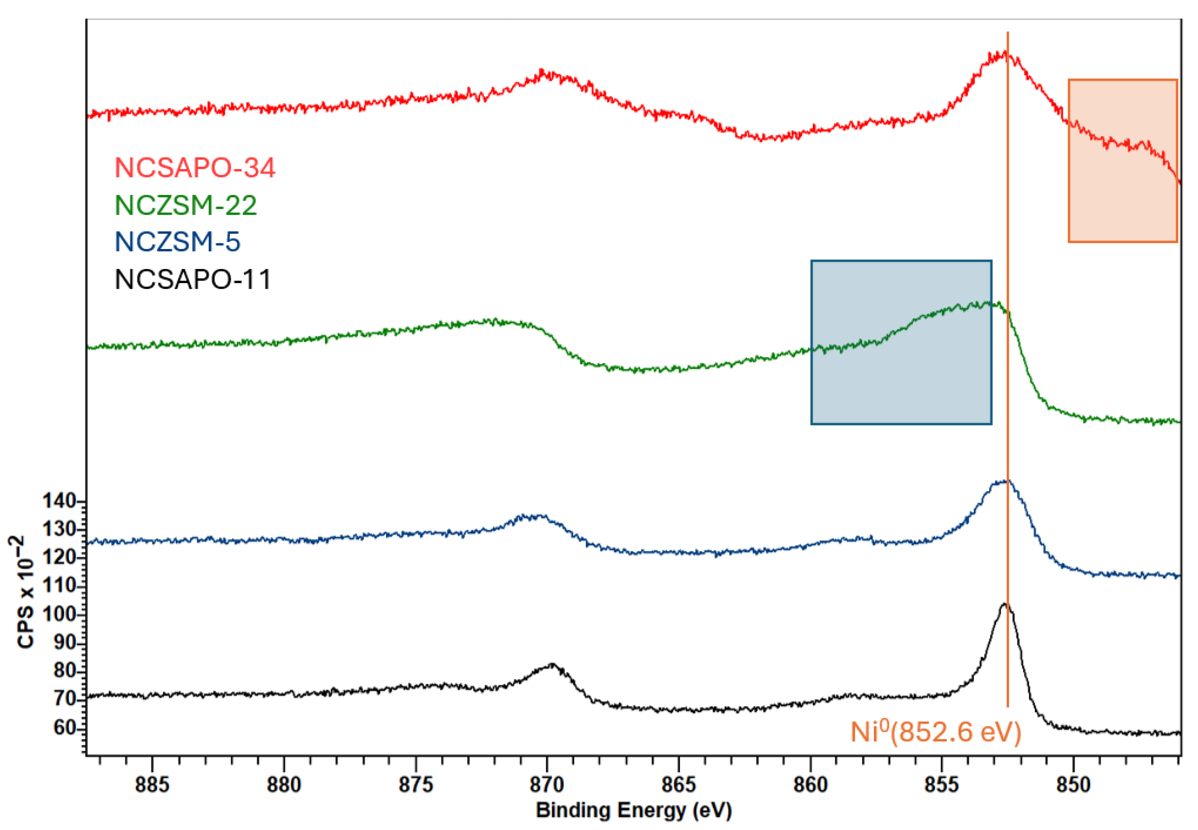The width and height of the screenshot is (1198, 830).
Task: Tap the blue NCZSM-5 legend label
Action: pyautogui.click(x=177, y=242)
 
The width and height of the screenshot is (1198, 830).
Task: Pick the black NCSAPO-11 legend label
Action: pyautogui.click(x=193, y=280)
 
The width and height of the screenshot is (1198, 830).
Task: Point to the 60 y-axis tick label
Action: pyautogui.click(x=65, y=727)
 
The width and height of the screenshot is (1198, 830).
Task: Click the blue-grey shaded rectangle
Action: pyautogui.click(x=901, y=342)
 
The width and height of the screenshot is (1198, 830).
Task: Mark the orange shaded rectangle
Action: pyautogui.click(x=1122, y=161)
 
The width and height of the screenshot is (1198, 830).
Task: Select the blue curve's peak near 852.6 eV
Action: pyautogui.click(x=1004, y=481)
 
